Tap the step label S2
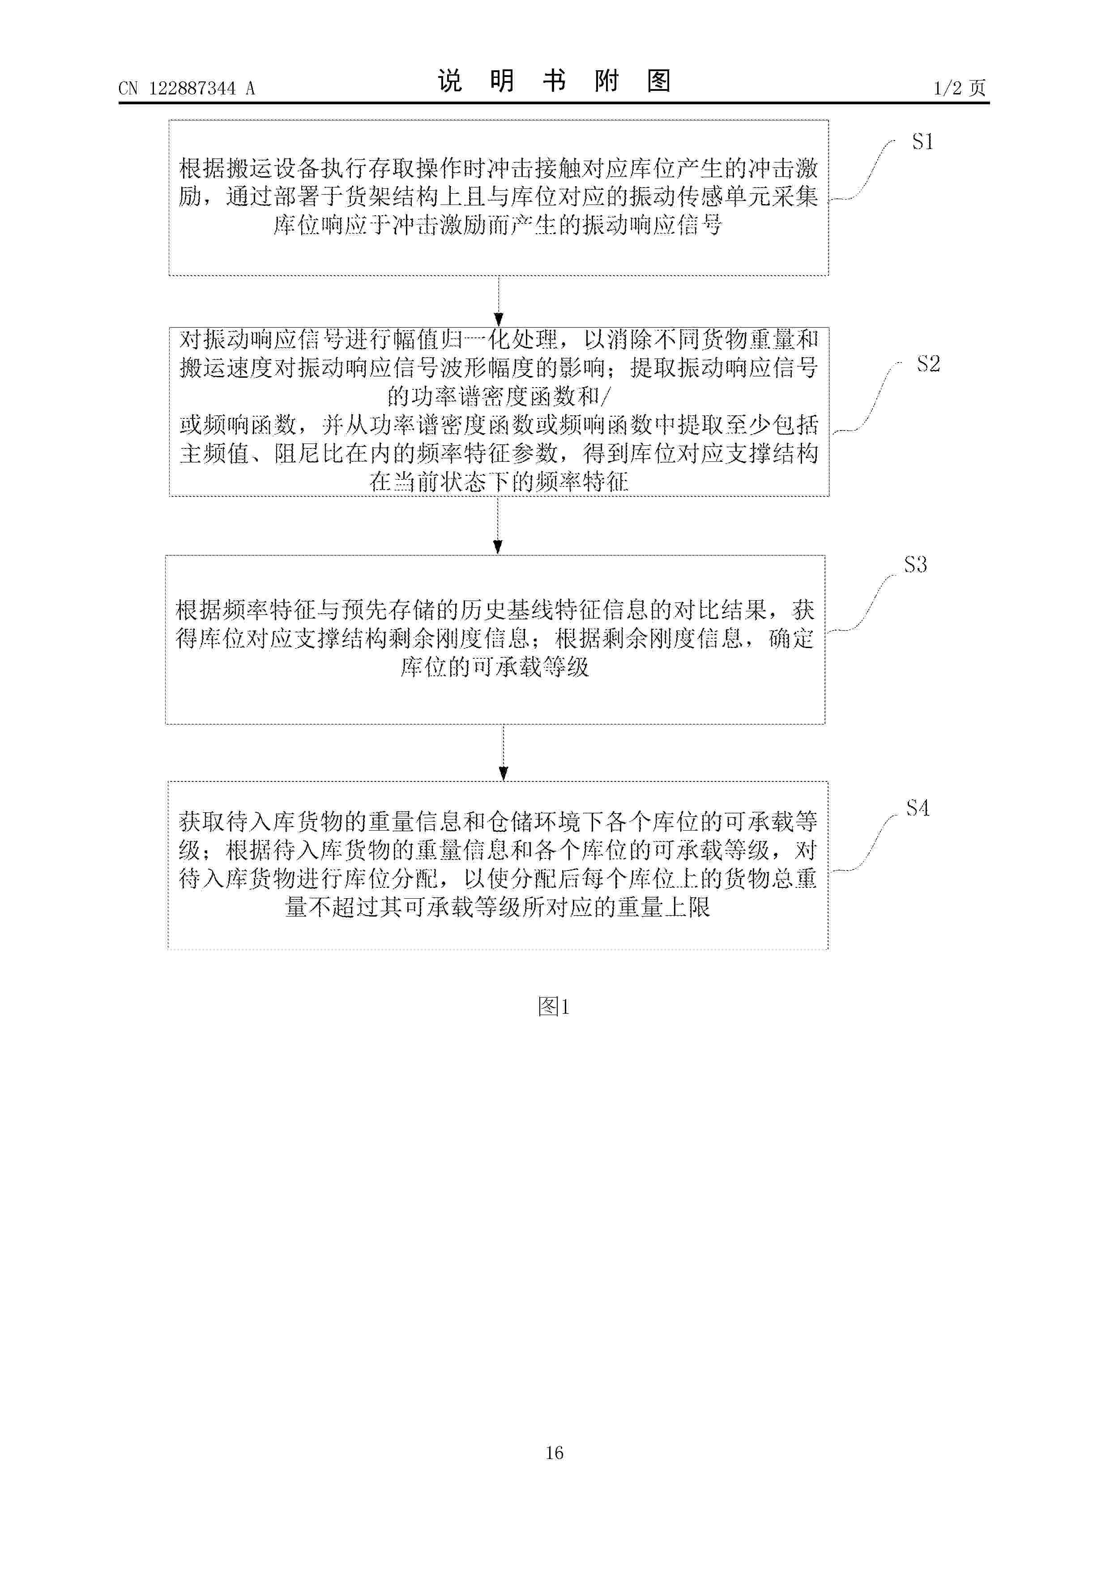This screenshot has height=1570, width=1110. tap(928, 364)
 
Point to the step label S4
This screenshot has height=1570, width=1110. tap(917, 808)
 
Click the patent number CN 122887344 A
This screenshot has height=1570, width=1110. tap(187, 88)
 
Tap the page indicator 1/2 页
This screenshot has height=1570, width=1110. tap(960, 88)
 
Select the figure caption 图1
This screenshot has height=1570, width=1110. tap(553, 1006)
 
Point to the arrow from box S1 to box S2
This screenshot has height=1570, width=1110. tap(499, 301)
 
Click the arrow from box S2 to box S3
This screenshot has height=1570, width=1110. tap(498, 525)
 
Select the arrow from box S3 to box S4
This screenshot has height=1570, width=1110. tap(504, 752)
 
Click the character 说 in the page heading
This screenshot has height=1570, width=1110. tap(450, 81)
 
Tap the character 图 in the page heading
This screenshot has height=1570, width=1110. tap(658, 81)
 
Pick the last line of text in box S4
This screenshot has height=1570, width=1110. tap(498, 907)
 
